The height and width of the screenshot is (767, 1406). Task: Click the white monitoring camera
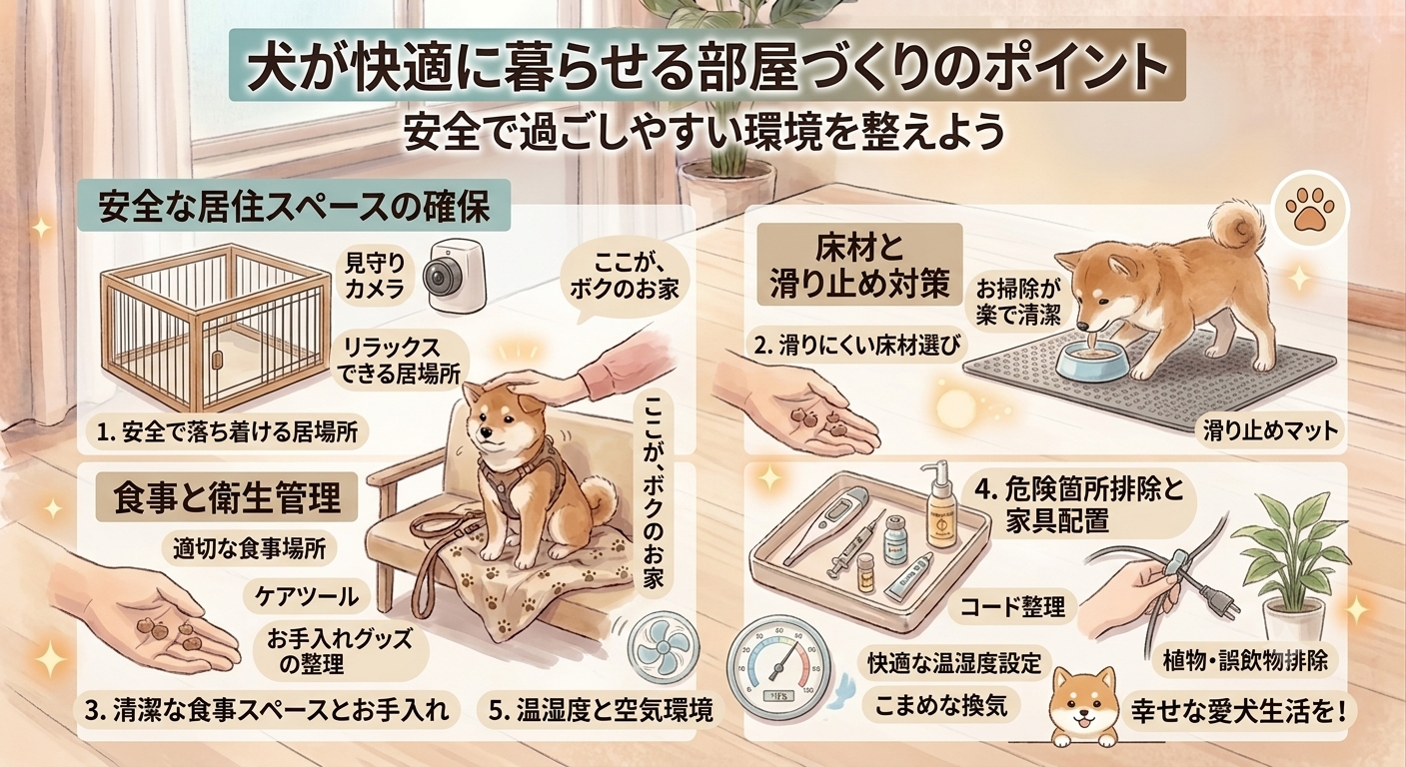click(x=454, y=276)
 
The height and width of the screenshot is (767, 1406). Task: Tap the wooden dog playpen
click(x=217, y=327)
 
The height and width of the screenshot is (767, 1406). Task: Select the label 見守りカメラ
click(x=375, y=276)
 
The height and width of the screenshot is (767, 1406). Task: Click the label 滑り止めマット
click(x=1270, y=430)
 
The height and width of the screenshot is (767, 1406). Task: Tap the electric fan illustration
click(x=663, y=646)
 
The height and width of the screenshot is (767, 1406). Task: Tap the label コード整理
click(x=1013, y=606)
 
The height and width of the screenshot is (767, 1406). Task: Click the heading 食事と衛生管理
click(x=227, y=497)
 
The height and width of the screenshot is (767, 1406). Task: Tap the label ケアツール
click(x=307, y=596)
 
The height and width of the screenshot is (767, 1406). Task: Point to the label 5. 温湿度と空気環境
click(x=601, y=711)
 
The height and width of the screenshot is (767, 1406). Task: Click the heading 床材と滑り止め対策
click(x=859, y=266)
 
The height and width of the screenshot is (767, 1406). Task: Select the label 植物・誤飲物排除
click(x=1245, y=660)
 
